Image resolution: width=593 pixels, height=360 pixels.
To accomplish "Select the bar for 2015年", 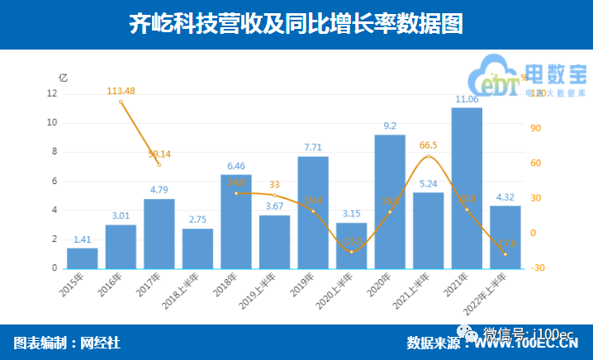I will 83,258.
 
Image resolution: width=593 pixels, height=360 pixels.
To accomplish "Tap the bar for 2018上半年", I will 197,249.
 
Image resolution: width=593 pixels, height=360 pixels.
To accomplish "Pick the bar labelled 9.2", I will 390,201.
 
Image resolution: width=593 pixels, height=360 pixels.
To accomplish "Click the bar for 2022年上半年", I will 505,237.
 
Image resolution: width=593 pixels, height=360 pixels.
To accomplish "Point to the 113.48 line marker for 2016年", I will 121,102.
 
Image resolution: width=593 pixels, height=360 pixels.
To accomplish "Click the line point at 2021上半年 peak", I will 429,156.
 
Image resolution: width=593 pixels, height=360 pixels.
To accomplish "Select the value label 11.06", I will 467,100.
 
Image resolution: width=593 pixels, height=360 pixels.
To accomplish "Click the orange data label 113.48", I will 121,90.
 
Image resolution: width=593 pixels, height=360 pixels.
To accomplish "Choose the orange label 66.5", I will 429,145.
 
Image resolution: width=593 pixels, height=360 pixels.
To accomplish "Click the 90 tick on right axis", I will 535,129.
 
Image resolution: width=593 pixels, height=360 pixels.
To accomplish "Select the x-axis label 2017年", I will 149,285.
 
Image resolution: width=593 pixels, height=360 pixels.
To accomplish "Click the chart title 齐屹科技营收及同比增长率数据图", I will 296,24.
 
